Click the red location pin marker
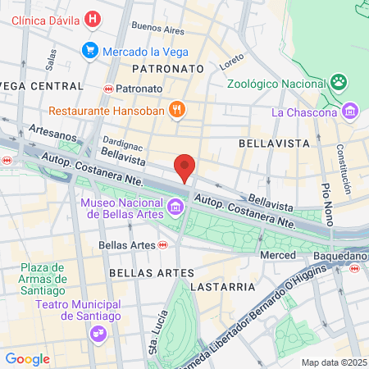pyautogui.click(x=185, y=167)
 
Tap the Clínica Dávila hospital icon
pyautogui.click(x=93, y=17)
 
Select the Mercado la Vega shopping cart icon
pyautogui.click(x=90, y=51)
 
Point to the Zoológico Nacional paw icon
pyautogui.click(x=337, y=82)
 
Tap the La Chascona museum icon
pyautogui.click(x=350, y=111)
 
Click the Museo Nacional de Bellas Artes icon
pyautogui.click(x=175, y=209)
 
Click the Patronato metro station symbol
pyautogui.click(x=108, y=88)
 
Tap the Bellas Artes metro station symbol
pyautogui.click(x=163, y=244)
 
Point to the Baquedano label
pyautogui.click(x=339, y=256)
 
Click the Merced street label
pyautogui.click(x=277, y=256)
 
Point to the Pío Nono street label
pyautogui.click(x=326, y=201)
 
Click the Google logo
pyautogui.click(x=27, y=358)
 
